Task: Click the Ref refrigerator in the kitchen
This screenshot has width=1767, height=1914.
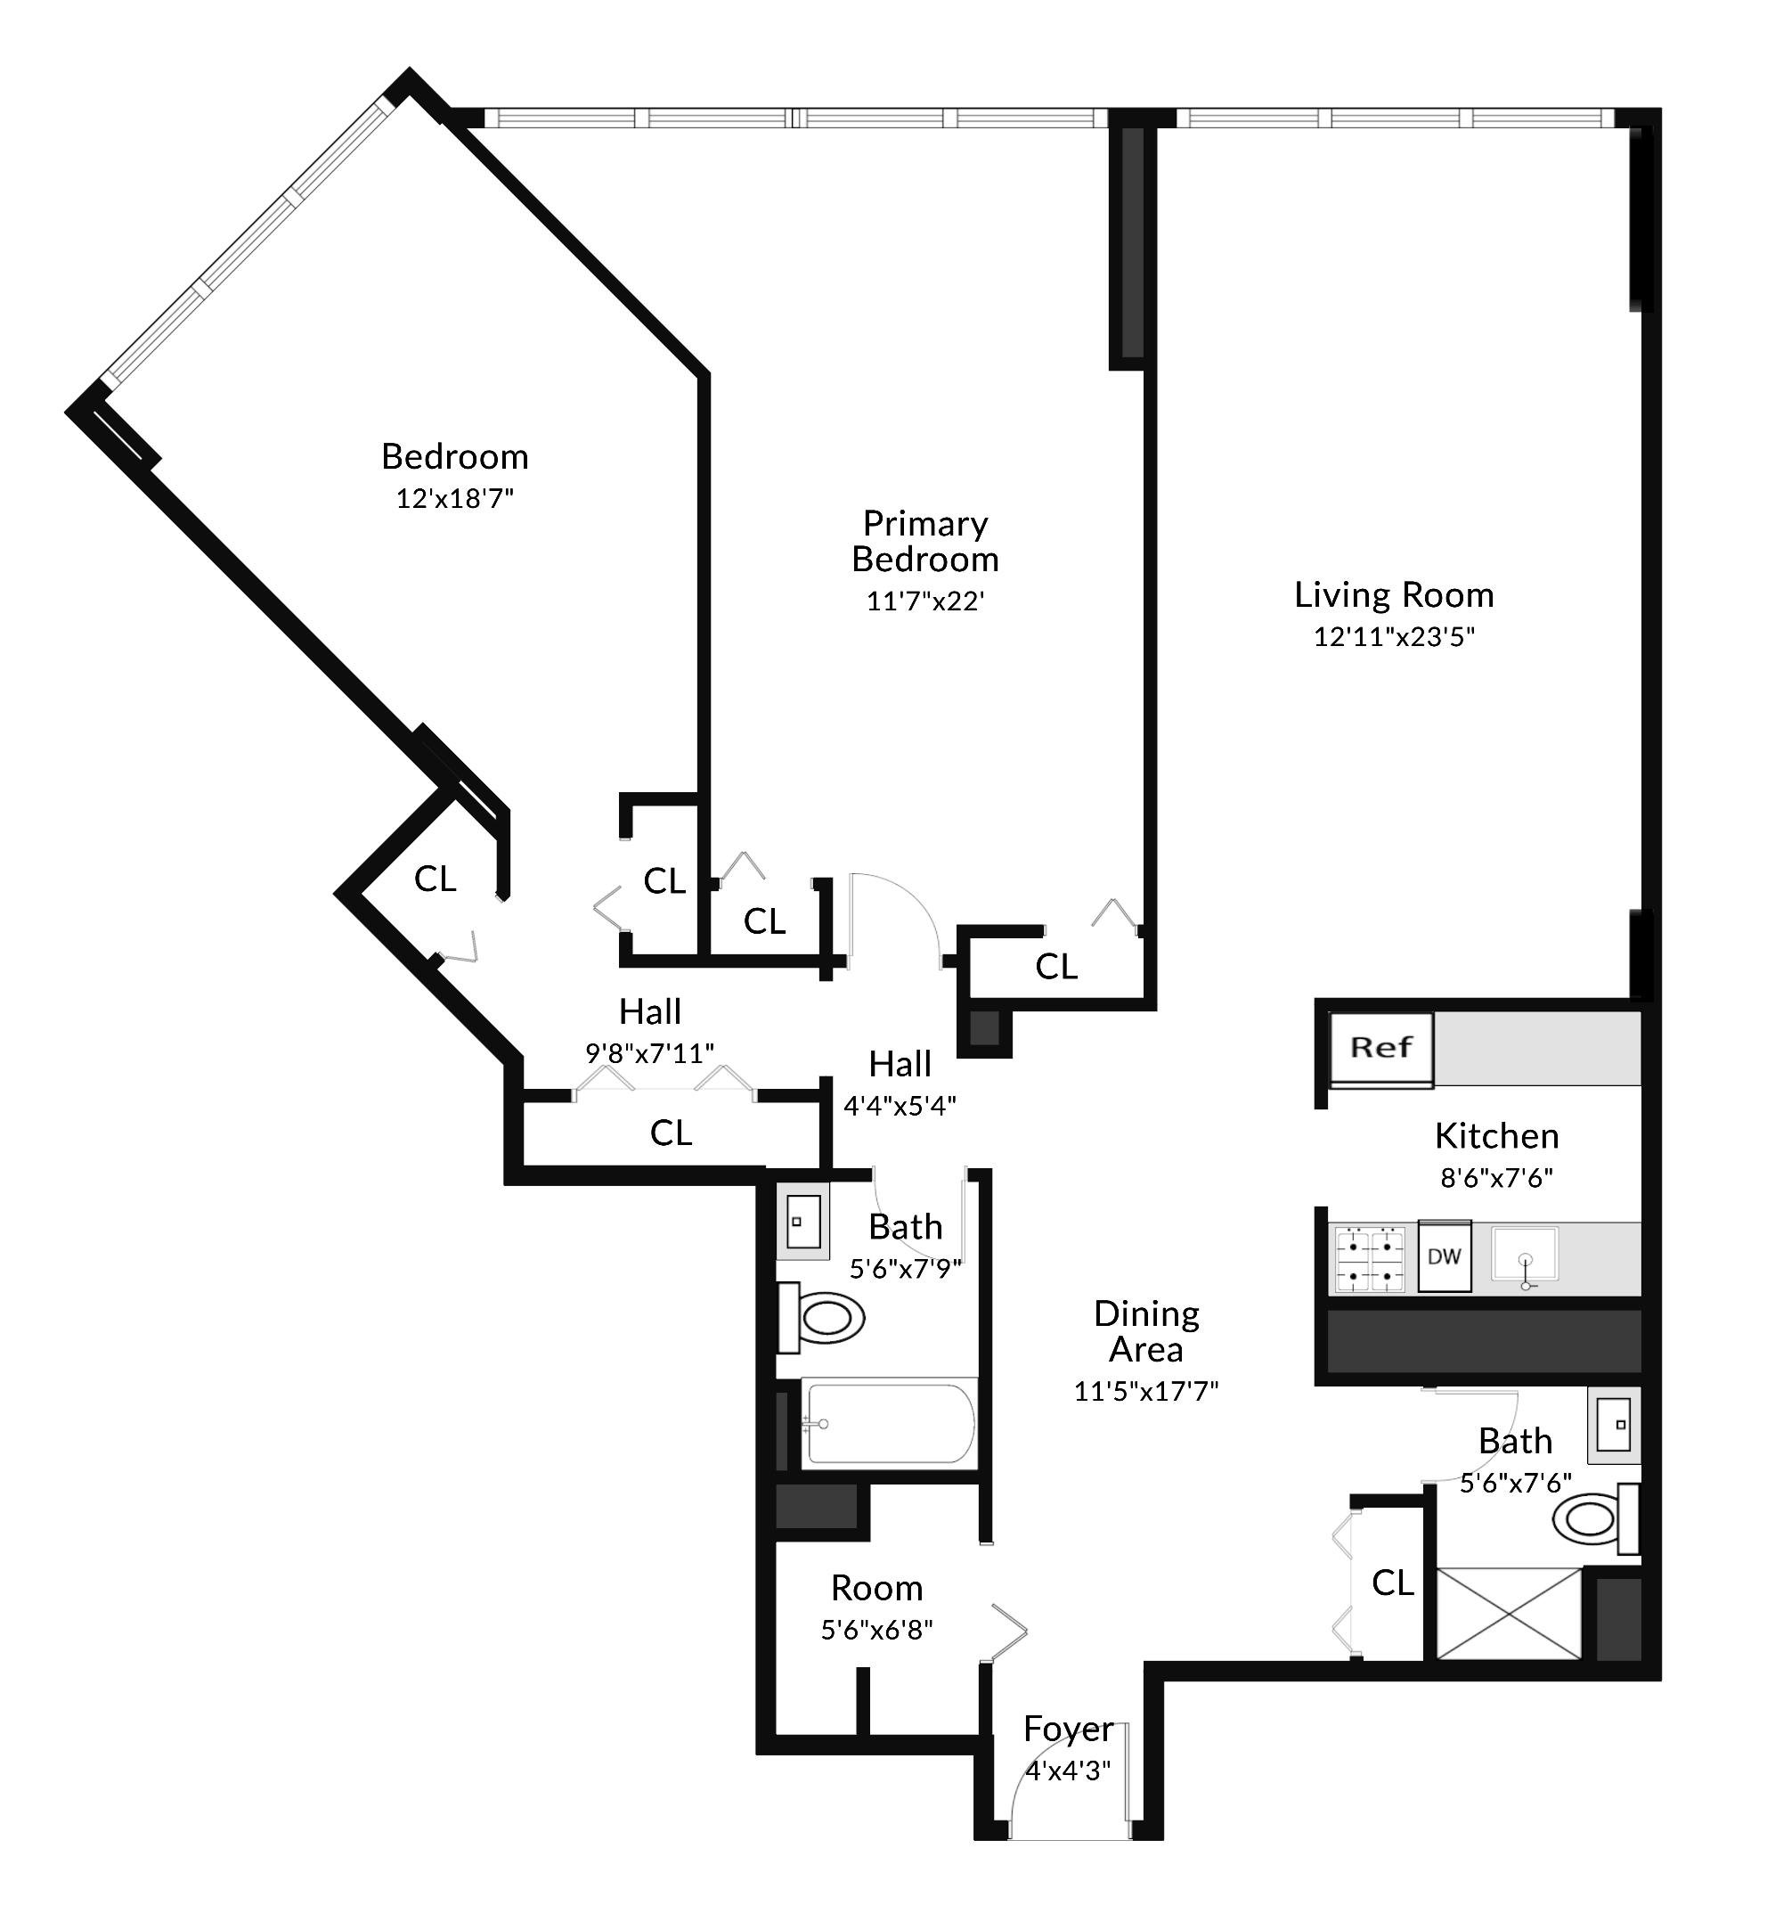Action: point(1382,1051)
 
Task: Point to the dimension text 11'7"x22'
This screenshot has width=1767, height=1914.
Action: point(925,601)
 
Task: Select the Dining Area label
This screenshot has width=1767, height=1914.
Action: point(1146,1330)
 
